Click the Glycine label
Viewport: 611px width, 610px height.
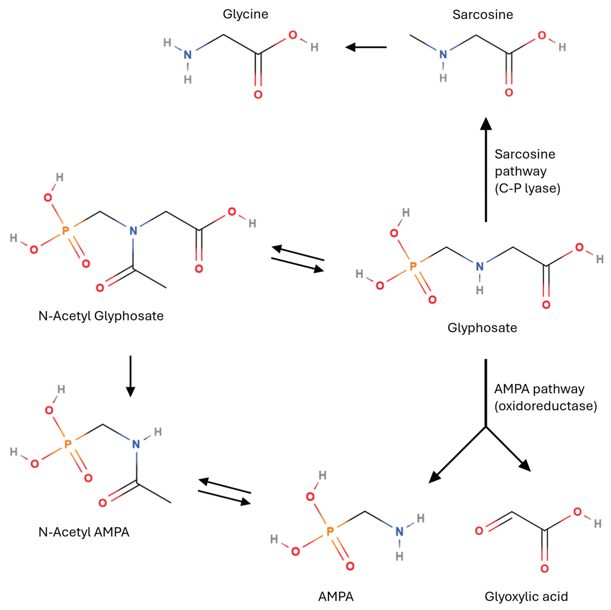pyautogui.click(x=245, y=14)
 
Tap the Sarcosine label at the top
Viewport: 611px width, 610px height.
pyautogui.click(x=483, y=15)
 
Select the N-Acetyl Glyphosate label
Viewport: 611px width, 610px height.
pyautogui.click(x=101, y=316)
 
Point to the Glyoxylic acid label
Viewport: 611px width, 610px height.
pyautogui.click(x=526, y=596)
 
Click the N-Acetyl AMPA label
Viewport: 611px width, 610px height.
pyautogui.click(x=84, y=532)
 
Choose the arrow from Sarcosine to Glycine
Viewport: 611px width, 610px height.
pyautogui.click(x=366, y=47)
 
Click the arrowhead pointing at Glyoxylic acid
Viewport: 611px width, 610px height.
pyautogui.click(x=525, y=466)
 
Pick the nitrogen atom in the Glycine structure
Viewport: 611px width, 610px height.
pyautogui.click(x=188, y=55)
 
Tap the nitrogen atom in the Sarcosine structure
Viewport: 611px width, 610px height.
pyautogui.click(x=443, y=55)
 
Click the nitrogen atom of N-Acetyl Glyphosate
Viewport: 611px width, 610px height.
pyautogui.click(x=133, y=231)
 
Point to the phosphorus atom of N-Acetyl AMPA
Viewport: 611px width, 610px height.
pyautogui.click(x=68, y=444)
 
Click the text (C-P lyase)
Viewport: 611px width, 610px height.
pyautogui.click(x=527, y=188)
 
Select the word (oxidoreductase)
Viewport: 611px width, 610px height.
pyautogui.click(x=546, y=406)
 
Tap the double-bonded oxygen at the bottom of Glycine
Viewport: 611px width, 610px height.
pyautogui.click(x=258, y=94)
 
